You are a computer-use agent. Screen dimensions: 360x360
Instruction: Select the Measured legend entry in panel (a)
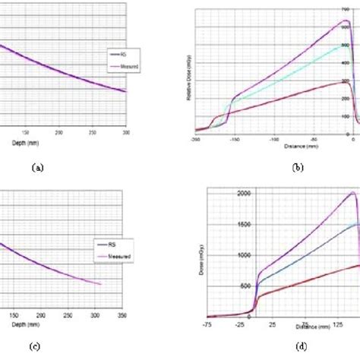(123, 66)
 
